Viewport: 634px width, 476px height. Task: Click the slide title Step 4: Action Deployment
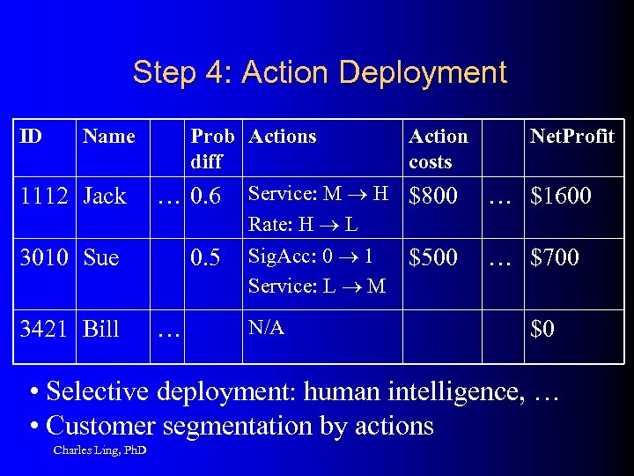pyautogui.click(x=319, y=72)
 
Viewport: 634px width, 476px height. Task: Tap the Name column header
pyautogui.click(x=108, y=137)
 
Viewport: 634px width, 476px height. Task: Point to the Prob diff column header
pyautogui.click(x=212, y=149)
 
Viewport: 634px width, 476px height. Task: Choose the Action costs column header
pyautogui.click(x=438, y=149)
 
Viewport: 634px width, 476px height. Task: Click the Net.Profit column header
pyautogui.click(x=571, y=137)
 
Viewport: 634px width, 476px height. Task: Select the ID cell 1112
pyautogui.click(x=45, y=197)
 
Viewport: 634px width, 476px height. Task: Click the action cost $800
pyautogui.click(x=433, y=197)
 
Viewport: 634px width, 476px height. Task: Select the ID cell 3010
pyautogui.click(x=45, y=258)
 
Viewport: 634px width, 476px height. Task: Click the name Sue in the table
pyautogui.click(x=101, y=258)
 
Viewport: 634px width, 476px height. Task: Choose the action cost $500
pyautogui.click(x=433, y=258)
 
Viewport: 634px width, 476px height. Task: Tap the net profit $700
pyautogui.click(x=556, y=258)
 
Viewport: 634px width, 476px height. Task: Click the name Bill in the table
pyautogui.click(x=101, y=330)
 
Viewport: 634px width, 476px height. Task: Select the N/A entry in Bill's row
pyautogui.click(x=266, y=328)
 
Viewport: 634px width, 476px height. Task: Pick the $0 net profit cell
pyautogui.click(x=542, y=330)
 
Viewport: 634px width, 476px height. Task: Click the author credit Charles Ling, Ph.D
pyautogui.click(x=100, y=451)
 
